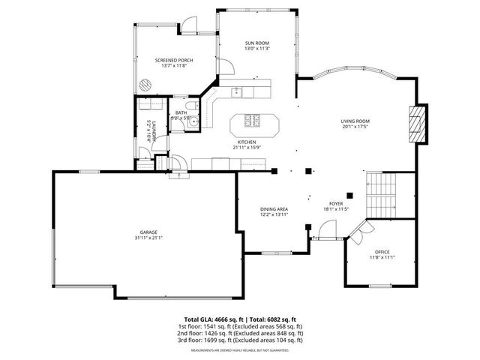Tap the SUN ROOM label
[x=256, y=43]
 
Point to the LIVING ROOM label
[x=355, y=121]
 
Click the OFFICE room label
[x=382, y=251]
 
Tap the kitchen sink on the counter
[x=237, y=91]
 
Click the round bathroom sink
[x=193, y=121]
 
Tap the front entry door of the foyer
[x=323, y=238]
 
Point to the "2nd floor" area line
[x=240, y=333]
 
